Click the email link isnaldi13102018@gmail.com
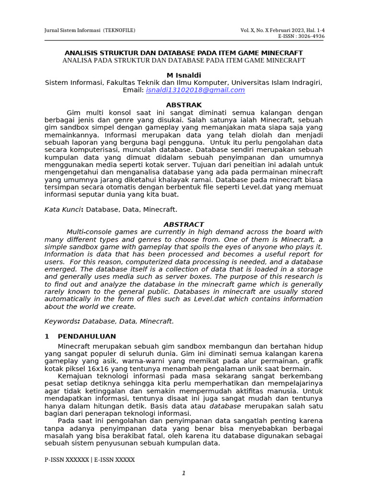coord(195,90)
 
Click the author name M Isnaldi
coord(184,75)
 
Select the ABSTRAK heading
coord(184,105)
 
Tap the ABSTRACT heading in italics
coord(184,224)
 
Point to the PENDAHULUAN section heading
coord(87,336)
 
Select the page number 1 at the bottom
coord(184,473)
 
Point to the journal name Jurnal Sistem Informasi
coord(72,30)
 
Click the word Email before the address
coord(133,90)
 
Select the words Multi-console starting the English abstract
coord(89,232)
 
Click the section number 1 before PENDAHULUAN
coord(46,336)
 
